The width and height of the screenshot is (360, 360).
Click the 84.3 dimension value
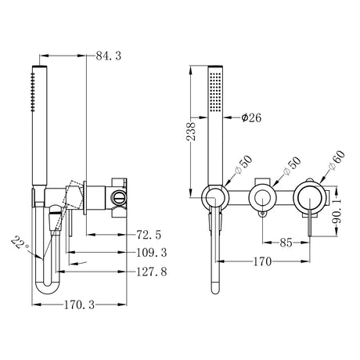tap(108, 55)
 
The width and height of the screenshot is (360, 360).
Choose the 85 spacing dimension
tap(286, 243)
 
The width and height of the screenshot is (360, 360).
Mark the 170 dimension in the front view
tap(265, 264)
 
